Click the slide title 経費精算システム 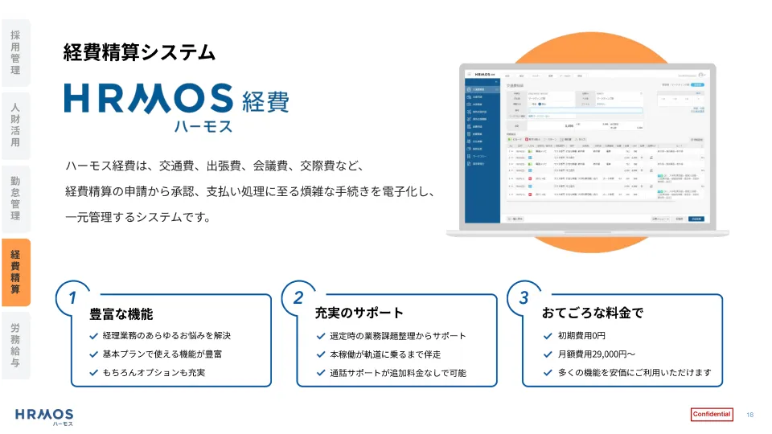(x=139, y=53)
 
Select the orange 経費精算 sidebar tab (x=15, y=272)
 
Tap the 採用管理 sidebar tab (x=15, y=52)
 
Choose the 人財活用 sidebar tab (x=15, y=125)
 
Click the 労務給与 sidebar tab (x=15, y=345)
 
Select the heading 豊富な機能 (x=121, y=313)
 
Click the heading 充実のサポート (x=359, y=313)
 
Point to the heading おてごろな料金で (x=593, y=313)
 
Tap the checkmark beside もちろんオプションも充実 (x=94, y=373)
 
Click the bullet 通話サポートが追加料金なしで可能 (x=397, y=373)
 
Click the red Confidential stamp (x=712, y=415)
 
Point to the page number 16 (x=749, y=415)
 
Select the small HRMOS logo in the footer (x=44, y=416)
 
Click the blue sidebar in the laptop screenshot (x=482, y=153)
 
